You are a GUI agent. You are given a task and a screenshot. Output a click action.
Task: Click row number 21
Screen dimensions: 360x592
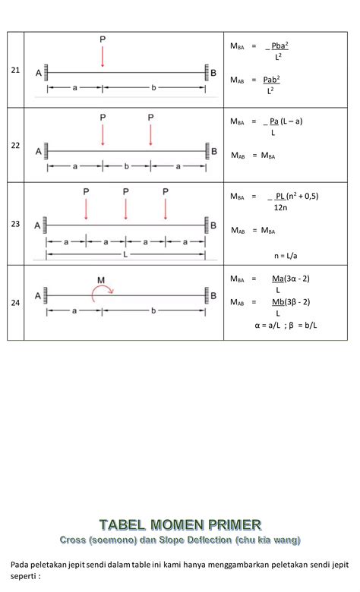pyautogui.click(x=15, y=70)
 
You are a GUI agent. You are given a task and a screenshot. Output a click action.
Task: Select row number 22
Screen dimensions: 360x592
pyautogui.click(x=15, y=146)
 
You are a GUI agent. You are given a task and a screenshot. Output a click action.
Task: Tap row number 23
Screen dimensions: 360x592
pyautogui.click(x=15, y=224)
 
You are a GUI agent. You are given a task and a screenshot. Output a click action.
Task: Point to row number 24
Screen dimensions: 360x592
pyautogui.click(x=15, y=302)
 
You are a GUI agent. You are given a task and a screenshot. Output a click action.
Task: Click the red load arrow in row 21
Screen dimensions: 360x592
pyautogui.click(x=103, y=57)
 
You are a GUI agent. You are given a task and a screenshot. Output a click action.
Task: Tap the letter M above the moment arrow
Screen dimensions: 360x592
pyautogui.click(x=101, y=280)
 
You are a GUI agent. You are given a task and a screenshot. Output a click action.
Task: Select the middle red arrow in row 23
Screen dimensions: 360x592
pyautogui.click(x=126, y=209)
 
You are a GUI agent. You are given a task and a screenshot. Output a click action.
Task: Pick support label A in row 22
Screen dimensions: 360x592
pyautogui.click(x=39, y=151)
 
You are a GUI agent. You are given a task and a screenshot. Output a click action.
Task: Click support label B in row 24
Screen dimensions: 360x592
pyautogui.click(x=213, y=296)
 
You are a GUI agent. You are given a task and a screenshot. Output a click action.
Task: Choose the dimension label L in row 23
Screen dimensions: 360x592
pyautogui.click(x=125, y=254)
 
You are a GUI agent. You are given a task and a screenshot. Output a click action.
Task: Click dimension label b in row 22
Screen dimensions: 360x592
pyautogui.click(x=127, y=166)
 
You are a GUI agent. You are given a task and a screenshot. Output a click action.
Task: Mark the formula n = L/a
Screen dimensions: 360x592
pyautogui.click(x=286, y=256)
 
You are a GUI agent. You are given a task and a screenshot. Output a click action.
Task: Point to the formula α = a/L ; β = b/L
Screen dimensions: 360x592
pyautogui.click(x=286, y=325)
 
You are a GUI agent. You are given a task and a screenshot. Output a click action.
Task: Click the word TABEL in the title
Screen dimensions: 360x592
pyautogui.click(x=122, y=524)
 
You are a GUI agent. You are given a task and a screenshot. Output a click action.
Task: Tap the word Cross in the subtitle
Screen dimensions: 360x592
pyautogui.click(x=72, y=540)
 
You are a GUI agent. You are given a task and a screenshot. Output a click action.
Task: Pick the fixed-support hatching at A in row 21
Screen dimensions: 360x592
pyautogui.click(x=46, y=73)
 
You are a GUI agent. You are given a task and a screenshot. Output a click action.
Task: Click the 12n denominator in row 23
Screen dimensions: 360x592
pyautogui.click(x=281, y=207)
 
